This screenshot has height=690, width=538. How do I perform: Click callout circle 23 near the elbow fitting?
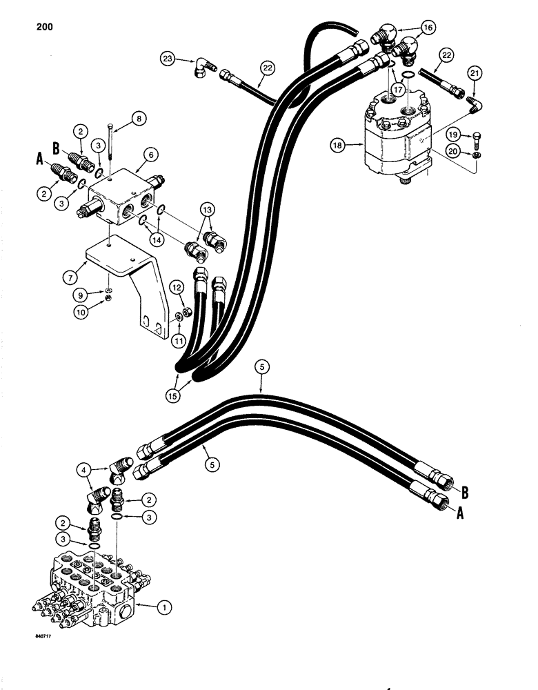[168, 59]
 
